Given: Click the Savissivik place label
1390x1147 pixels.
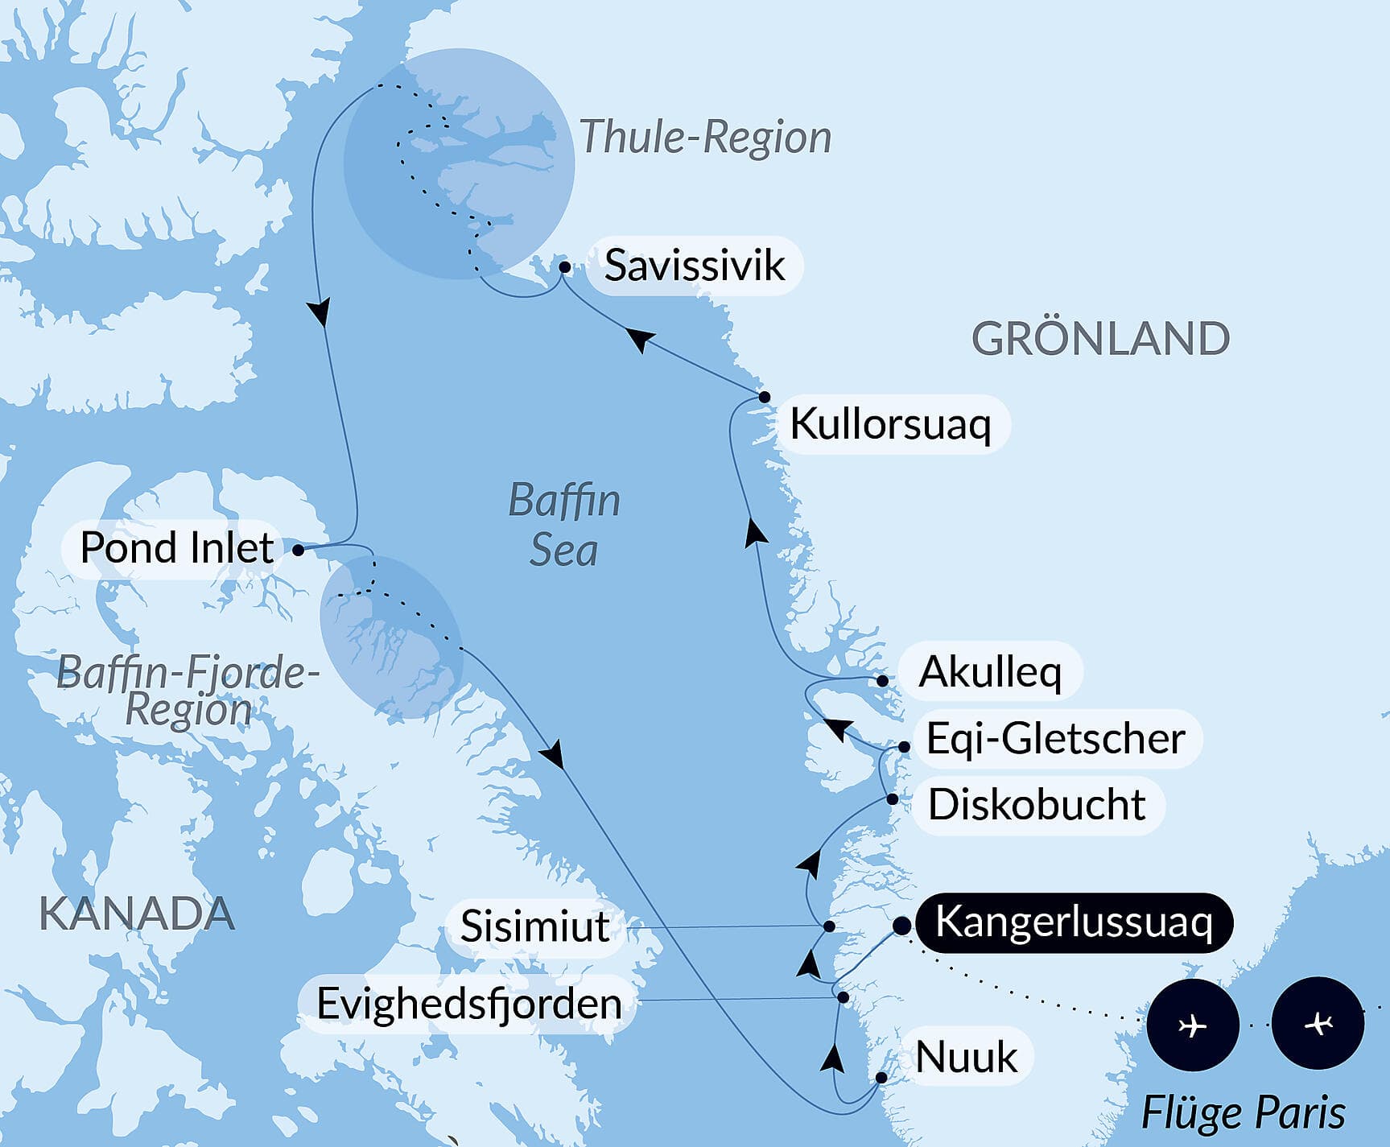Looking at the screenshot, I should [x=694, y=266].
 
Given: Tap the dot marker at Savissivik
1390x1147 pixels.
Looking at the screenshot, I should [x=565, y=266].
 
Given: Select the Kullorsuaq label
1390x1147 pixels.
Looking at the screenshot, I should [x=890, y=424].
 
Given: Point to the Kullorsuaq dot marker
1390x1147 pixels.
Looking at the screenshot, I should [x=764, y=397].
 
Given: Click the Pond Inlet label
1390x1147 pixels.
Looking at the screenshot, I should [x=177, y=548].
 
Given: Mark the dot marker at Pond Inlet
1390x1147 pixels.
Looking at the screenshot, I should [x=298, y=551].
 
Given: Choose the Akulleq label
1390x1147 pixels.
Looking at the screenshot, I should [x=990, y=672].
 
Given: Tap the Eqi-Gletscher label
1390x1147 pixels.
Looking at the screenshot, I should [x=1056, y=739].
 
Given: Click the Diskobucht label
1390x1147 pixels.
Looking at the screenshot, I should [x=1037, y=805].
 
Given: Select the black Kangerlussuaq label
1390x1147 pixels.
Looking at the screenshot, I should [x=1074, y=922].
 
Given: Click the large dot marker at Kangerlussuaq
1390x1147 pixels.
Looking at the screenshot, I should [x=901, y=926].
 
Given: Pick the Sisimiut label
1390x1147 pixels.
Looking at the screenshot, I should [x=534, y=926].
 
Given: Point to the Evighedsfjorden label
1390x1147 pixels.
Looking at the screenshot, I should [x=469, y=1004].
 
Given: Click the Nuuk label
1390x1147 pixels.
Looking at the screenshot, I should [x=967, y=1057].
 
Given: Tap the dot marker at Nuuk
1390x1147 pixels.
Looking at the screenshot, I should [x=881, y=1077].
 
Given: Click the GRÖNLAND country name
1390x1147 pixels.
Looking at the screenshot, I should [x=1100, y=338].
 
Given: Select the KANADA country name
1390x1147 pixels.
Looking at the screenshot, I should [x=137, y=914].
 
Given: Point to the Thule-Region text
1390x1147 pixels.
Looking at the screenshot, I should [x=705, y=137].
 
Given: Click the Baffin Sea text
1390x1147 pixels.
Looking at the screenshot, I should [x=564, y=525].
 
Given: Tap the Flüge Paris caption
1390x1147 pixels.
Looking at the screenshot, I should [x=1244, y=1113].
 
